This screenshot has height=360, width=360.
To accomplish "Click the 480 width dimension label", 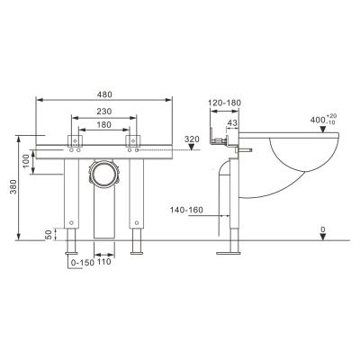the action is [104, 94].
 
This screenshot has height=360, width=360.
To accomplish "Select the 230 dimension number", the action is [104, 112].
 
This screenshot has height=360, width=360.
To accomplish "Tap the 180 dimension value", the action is [104, 124].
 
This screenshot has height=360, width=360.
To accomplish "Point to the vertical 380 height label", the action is [13, 187].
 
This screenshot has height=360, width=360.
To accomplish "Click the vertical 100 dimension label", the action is [26, 161].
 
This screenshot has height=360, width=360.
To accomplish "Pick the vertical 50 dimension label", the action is [49, 235].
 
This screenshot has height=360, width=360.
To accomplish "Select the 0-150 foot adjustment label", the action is [83, 263].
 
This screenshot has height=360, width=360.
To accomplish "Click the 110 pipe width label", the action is [103, 262].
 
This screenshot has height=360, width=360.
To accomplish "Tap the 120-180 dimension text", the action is [225, 103].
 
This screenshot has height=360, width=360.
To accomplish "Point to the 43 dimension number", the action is [232, 122].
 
